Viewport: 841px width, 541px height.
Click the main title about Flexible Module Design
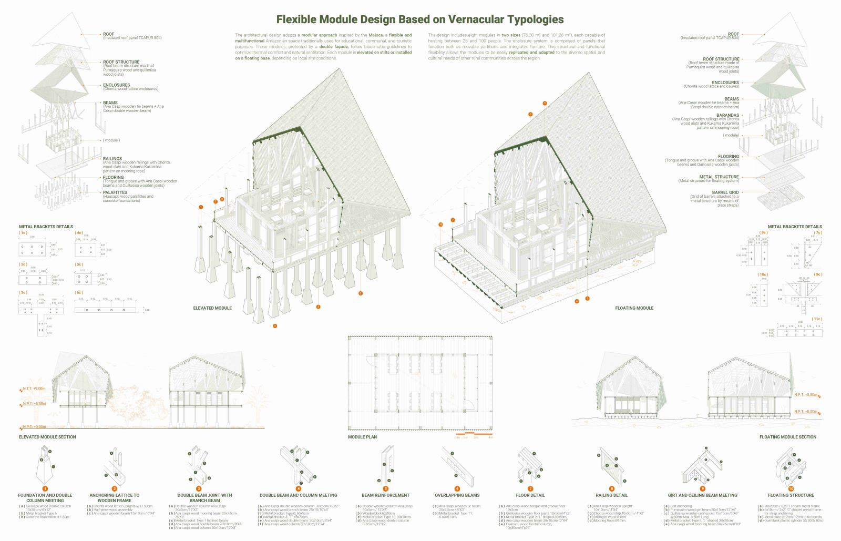pos(420,19)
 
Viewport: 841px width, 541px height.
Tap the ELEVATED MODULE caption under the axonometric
pos(212,308)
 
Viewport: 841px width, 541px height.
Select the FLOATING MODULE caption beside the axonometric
pos(634,308)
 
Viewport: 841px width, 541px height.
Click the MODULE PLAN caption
pos(362,437)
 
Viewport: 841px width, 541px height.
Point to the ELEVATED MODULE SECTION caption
pos(47,437)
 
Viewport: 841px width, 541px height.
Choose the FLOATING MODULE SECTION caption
pos(788,437)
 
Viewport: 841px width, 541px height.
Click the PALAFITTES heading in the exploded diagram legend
pos(115,192)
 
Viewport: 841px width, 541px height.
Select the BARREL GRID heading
pos(725,192)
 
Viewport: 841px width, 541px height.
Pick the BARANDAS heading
pos(727,115)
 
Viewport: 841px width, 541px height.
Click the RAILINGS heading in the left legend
pos(112,158)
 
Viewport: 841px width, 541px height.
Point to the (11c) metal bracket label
pos(816,319)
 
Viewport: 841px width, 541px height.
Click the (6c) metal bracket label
pos(79,292)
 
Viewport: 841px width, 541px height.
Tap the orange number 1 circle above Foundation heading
pos(45,489)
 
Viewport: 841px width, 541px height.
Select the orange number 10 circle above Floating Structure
pos(791,489)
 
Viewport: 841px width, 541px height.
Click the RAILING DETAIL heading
pos(612,495)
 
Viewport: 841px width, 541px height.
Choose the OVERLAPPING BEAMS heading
pos(457,495)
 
